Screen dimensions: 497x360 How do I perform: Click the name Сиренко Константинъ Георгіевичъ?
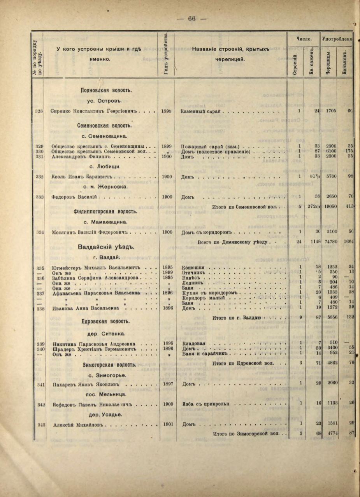[x=95, y=111]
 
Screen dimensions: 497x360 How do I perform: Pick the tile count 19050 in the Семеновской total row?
[x=331, y=206]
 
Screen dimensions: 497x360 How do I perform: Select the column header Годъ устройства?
[x=167, y=54]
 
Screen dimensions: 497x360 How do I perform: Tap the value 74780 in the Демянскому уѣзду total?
[x=331, y=242]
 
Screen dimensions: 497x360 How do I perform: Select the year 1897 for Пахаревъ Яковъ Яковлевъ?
[x=167, y=384]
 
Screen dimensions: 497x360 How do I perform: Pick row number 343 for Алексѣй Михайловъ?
[x=39, y=424]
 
